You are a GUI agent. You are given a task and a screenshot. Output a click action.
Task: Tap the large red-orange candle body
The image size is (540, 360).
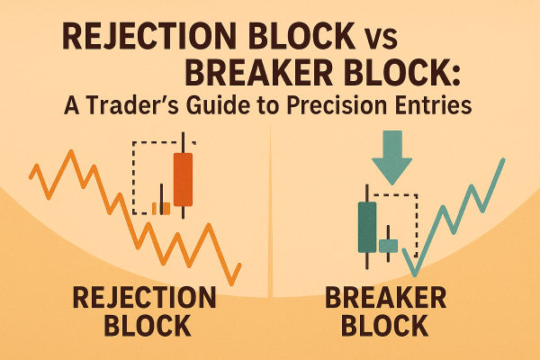tap(182, 179)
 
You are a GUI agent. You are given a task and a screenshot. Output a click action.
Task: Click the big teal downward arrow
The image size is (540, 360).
tap(391, 158)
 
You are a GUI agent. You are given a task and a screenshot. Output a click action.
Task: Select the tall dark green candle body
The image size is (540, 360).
tap(367, 227)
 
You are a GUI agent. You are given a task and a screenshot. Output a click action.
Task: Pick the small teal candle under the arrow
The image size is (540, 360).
tap(389, 245)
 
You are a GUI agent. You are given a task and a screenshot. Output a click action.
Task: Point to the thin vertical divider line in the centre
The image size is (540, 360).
tap(270, 225)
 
